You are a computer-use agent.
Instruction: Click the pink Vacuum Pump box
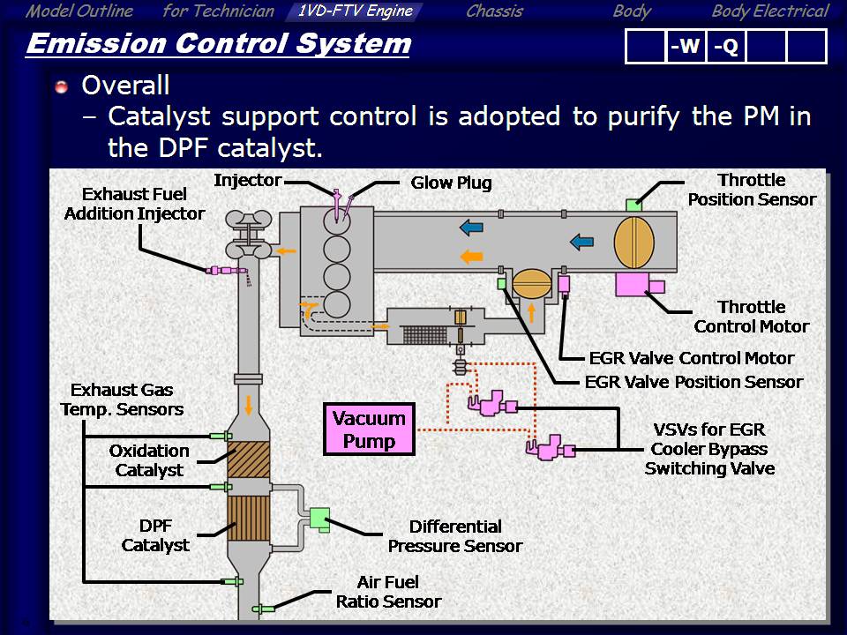[x=369, y=430]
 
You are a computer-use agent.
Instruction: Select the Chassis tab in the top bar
[x=494, y=11]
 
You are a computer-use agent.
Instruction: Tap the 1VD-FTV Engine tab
[x=355, y=11]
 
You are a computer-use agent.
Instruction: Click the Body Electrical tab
[x=769, y=11]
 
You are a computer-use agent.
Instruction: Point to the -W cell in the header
[x=685, y=47]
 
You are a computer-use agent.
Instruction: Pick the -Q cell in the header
[x=725, y=47]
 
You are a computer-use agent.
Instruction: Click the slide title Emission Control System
[x=218, y=44]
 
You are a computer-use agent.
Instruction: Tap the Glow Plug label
[x=451, y=183]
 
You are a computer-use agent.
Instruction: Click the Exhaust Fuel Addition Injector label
[x=134, y=204]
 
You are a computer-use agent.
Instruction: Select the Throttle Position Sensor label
[x=752, y=190]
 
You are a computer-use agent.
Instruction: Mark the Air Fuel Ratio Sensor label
[x=388, y=592]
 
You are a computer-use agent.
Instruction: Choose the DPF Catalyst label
[x=155, y=535]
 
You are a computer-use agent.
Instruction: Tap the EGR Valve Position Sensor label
[x=693, y=382]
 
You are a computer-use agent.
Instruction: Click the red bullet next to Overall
[x=61, y=86]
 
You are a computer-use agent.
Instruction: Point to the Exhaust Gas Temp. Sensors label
[x=122, y=400]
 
